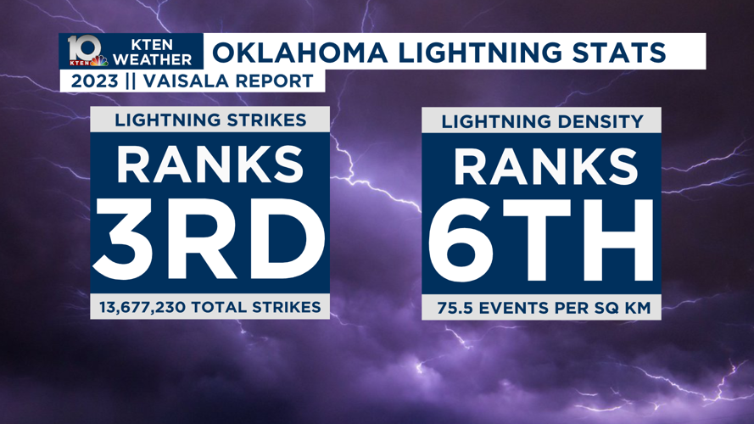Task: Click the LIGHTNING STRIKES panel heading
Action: [210, 120]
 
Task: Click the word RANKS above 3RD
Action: [209, 165]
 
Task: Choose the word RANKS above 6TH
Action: [542, 166]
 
